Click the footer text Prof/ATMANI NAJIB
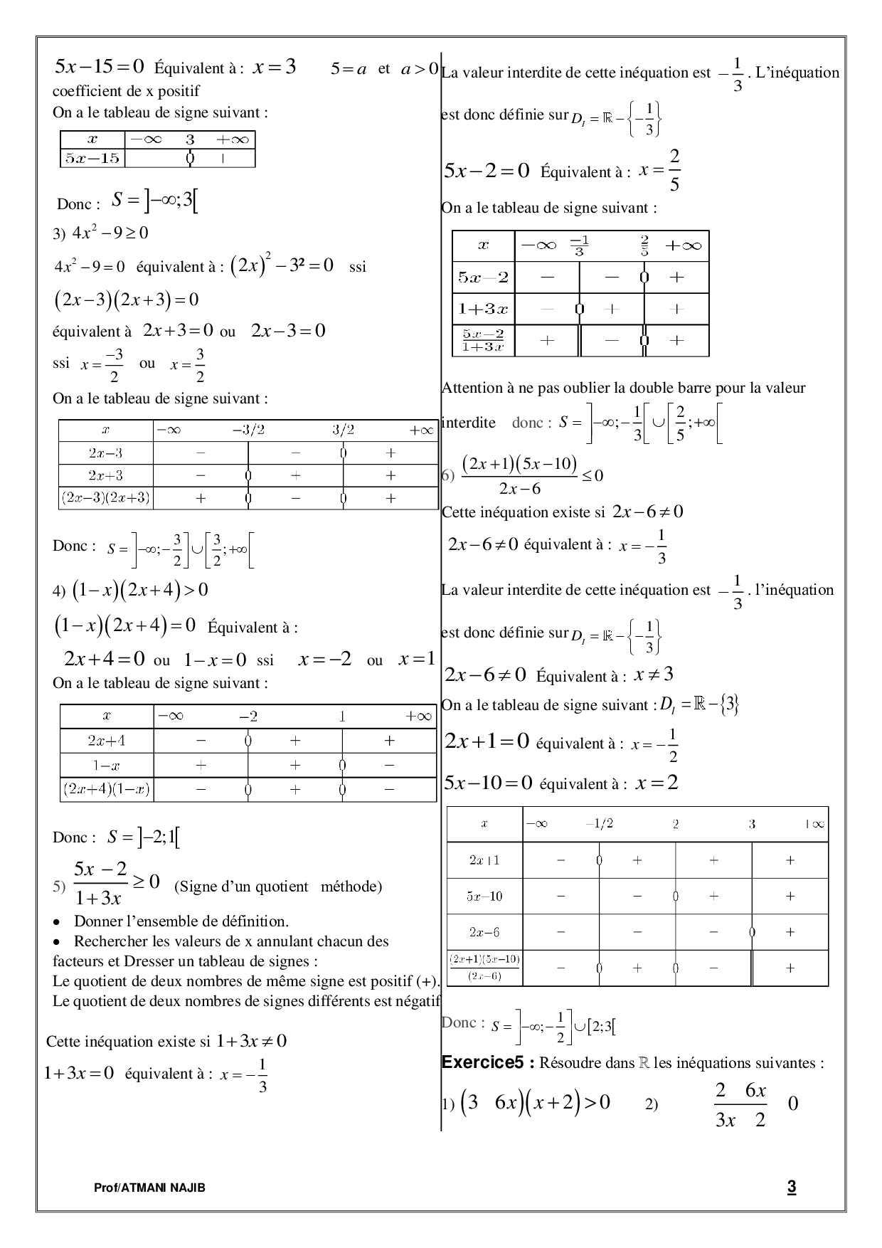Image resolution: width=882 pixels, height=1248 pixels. tap(149, 1188)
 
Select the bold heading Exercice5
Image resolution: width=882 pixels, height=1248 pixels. tap(487, 1062)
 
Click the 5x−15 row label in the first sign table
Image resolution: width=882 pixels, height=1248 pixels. tap(92, 158)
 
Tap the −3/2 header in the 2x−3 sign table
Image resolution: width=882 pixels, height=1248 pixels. tap(248, 430)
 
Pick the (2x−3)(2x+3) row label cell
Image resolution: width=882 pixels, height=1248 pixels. tap(106, 498)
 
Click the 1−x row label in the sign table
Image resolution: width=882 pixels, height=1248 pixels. tap(107, 765)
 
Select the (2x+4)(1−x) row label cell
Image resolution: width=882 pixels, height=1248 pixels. tap(107, 789)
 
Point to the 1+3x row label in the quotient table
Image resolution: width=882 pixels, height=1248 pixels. tap(483, 309)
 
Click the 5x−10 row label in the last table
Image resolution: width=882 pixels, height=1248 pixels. tap(484, 896)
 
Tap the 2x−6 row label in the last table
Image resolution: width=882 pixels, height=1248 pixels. tap(484, 931)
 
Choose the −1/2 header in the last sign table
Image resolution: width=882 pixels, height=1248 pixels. tap(599, 823)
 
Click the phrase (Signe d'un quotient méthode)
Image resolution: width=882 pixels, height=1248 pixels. tap(278, 886)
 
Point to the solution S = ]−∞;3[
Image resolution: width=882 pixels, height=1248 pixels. tap(154, 202)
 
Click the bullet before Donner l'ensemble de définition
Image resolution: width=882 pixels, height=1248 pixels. tap(57, 922)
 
